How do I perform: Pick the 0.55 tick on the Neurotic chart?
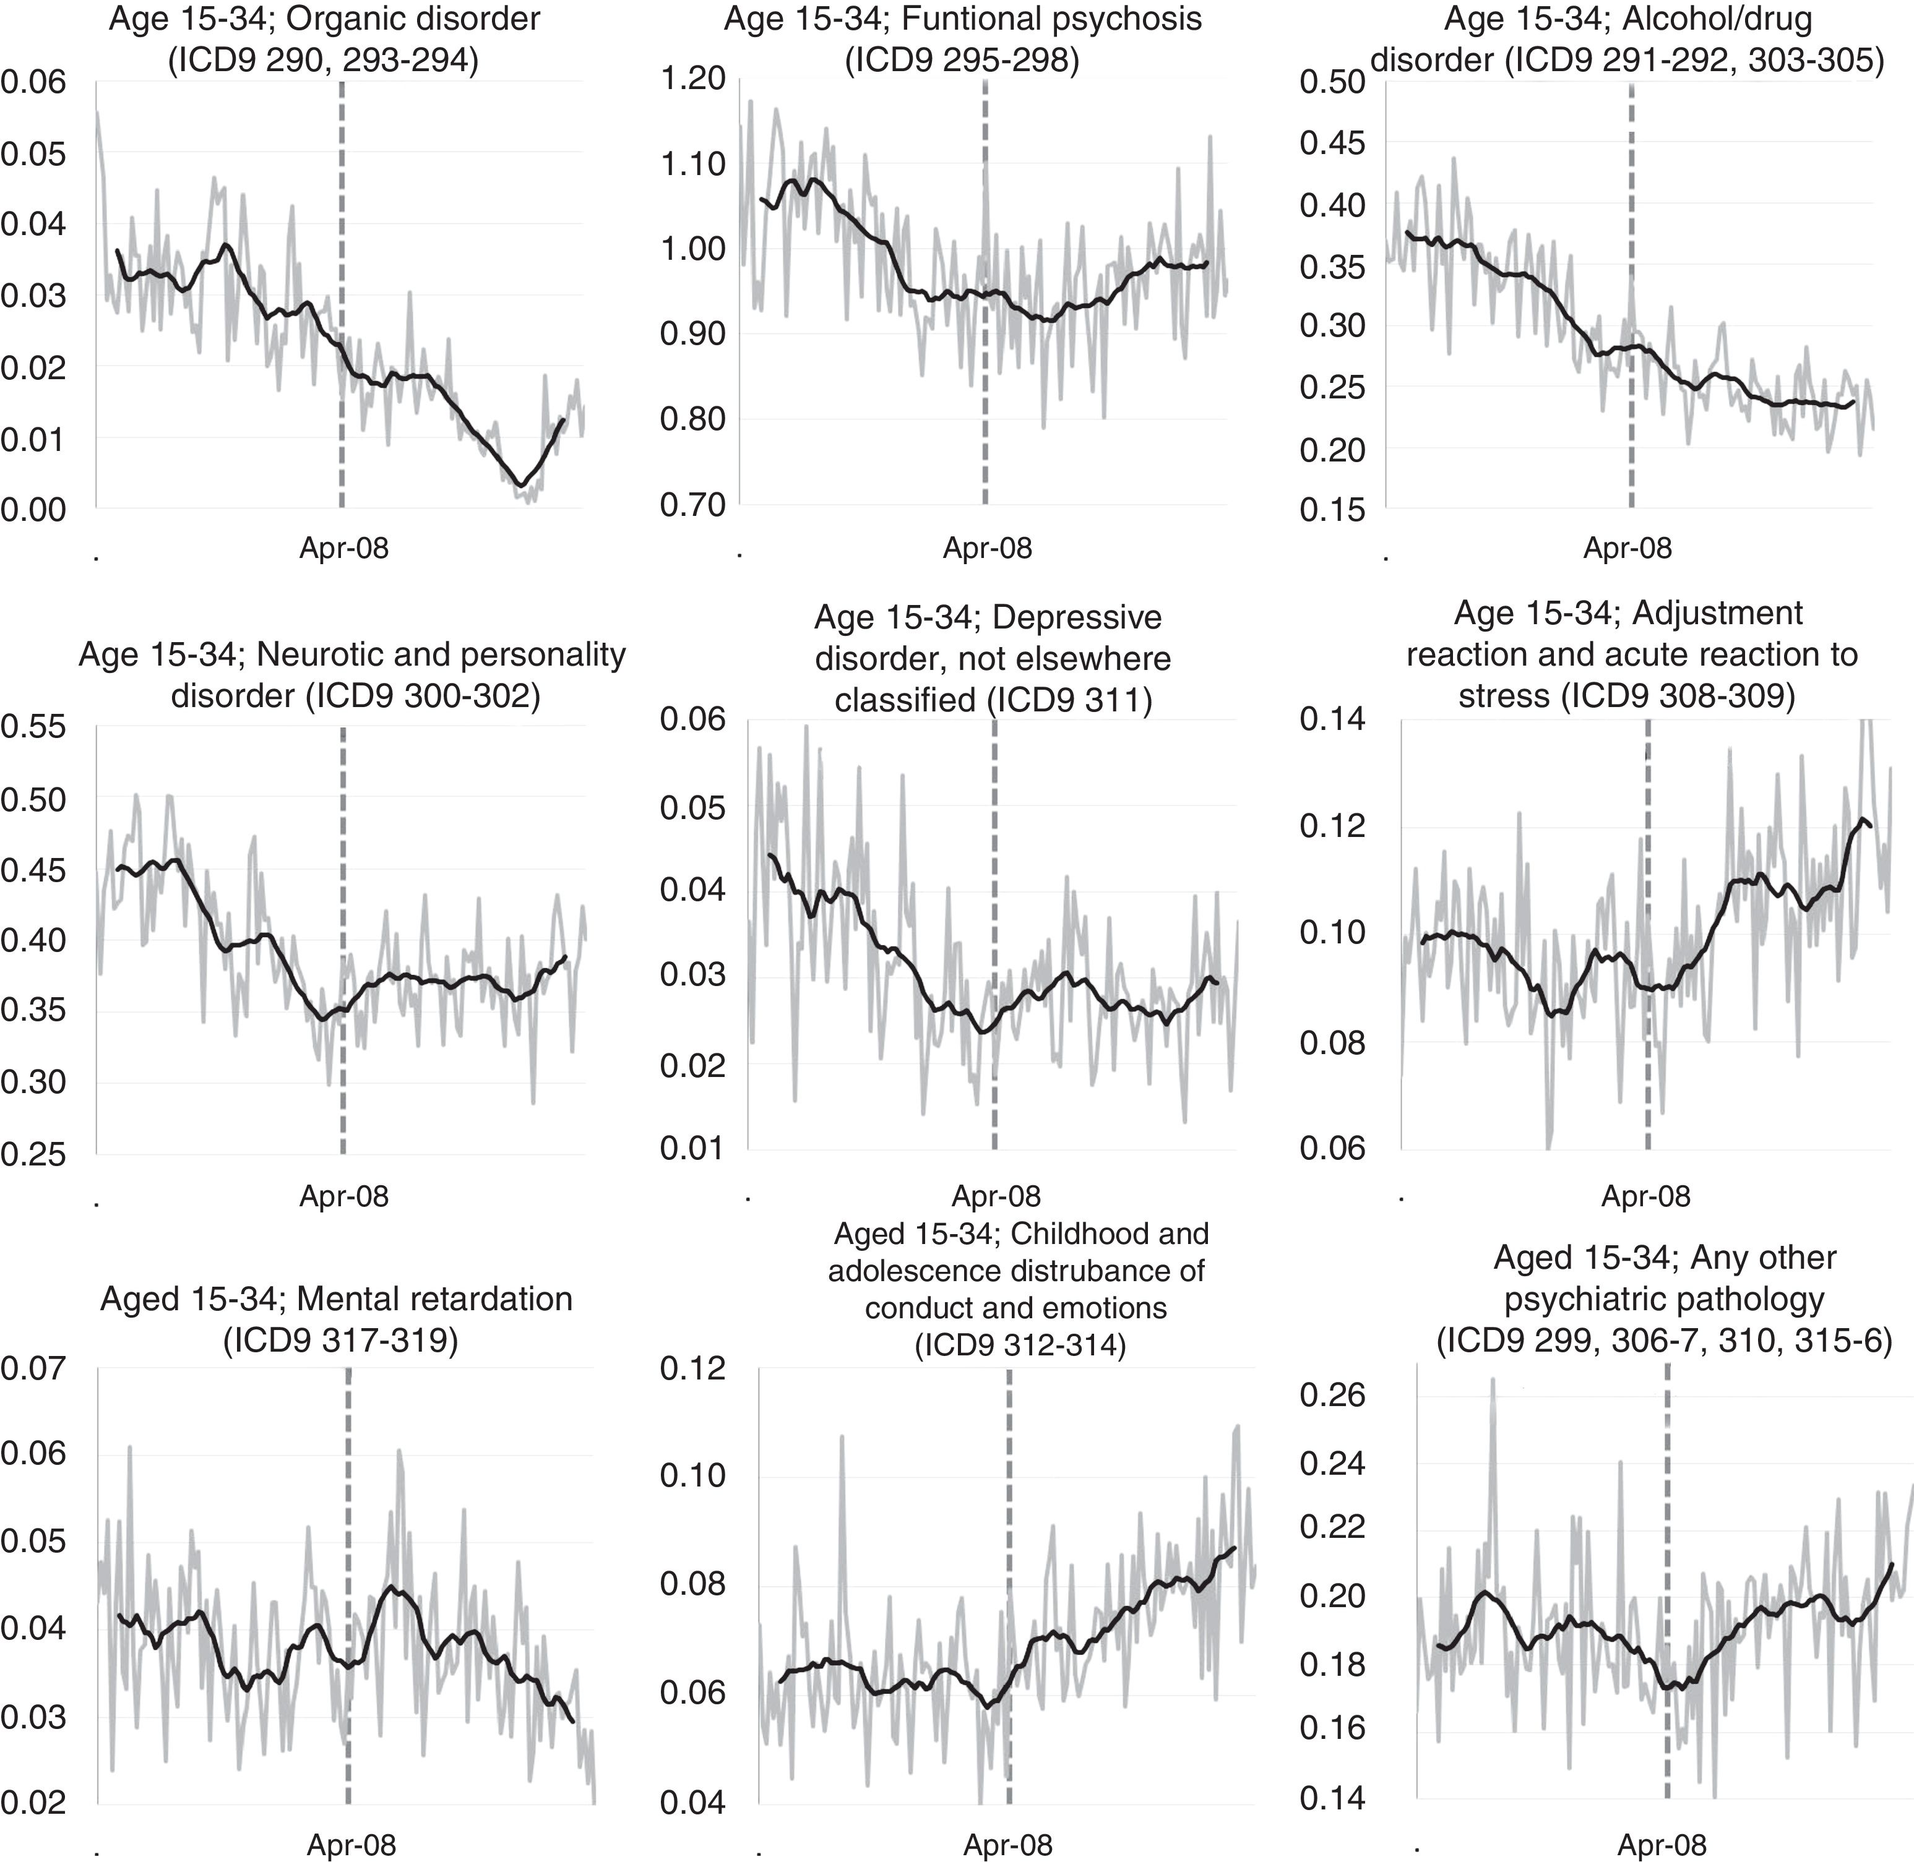click(33, 727)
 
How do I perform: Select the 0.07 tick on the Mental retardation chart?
click(33, 1368)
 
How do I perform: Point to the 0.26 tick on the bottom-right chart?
click(1332, 1394)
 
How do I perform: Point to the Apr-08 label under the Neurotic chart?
click(343, 1195)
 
